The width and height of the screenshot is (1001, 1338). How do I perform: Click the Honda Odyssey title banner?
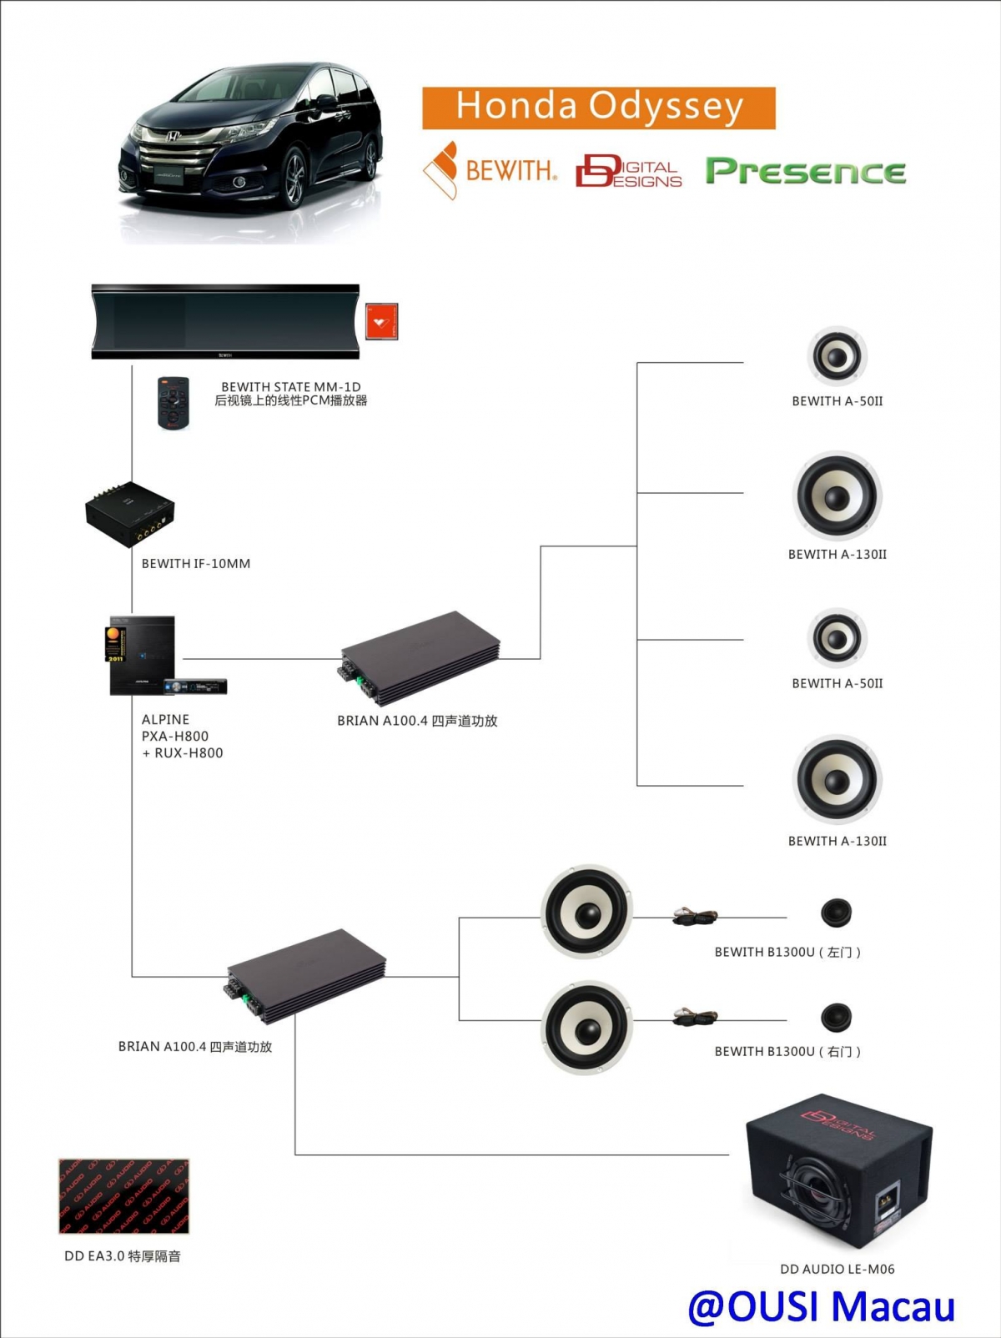(598, 108)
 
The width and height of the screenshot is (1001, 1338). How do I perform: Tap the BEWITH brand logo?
(490, 170)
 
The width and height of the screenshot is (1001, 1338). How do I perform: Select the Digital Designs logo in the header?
(629, 171)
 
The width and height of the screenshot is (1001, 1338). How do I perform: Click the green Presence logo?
(805, 171)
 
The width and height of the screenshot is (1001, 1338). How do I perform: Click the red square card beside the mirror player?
(381, 321)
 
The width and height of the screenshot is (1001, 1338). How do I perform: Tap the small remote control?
(174, 402)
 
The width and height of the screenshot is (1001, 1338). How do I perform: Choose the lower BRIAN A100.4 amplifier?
(306, 975)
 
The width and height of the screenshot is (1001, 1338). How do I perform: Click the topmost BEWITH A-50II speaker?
(837, 356)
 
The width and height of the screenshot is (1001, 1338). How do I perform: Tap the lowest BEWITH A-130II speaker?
(837, 780)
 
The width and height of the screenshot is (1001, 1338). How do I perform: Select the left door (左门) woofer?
(586, 912)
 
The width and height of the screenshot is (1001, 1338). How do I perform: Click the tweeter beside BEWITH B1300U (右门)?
(835, 1017)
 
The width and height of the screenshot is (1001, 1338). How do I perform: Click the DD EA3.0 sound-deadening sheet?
(123, 1195)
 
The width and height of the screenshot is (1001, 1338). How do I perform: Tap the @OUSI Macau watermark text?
(821, 1306)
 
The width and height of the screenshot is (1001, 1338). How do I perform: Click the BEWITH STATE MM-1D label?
(290, 393)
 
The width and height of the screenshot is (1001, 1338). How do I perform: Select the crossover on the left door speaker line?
(696, 918)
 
